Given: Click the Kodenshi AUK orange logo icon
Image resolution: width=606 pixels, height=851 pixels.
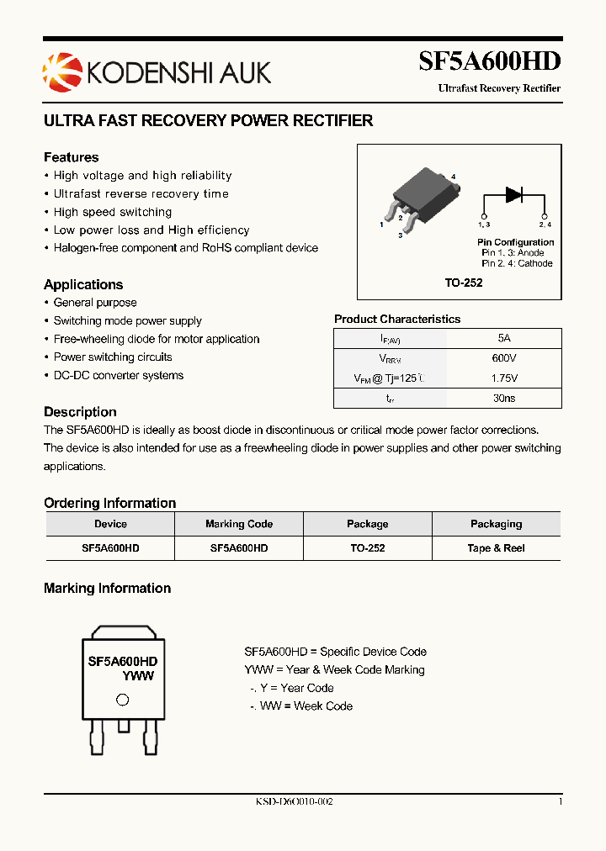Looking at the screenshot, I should (59, 71).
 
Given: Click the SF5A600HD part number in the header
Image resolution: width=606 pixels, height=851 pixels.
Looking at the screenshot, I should (489, 61).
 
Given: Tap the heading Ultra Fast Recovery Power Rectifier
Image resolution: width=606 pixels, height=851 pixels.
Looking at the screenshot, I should (208, 120).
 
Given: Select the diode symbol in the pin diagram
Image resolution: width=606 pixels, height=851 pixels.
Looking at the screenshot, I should (514, 193).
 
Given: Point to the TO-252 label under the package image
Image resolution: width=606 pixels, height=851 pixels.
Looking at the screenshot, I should (464, 283).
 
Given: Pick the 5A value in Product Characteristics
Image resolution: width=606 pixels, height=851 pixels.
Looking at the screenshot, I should (504, 338).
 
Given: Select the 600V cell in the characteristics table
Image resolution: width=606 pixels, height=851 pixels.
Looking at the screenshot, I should (504, 358).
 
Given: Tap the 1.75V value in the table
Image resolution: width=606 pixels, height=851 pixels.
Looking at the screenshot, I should (504, 378).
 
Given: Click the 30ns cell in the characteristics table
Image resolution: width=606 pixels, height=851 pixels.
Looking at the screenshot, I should (504, 399).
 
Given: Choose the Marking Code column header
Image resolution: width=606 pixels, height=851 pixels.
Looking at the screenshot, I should (239, 524).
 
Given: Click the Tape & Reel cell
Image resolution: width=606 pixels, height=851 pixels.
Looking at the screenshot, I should (496, 547).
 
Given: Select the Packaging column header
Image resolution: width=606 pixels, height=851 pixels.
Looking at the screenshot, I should (496, 524).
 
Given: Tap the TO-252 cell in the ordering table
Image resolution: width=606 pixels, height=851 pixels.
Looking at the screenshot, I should (367, 547).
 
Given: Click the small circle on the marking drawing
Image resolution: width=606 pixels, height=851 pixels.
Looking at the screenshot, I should (122, 700).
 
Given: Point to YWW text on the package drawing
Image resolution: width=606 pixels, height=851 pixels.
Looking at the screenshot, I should (138, 675).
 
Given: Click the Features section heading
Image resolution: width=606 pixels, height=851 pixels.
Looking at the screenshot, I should (71, 157).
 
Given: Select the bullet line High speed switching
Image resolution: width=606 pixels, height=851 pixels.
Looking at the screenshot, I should (112, 212).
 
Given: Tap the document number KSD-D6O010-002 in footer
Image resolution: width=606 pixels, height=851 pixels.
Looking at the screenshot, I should (295, 802).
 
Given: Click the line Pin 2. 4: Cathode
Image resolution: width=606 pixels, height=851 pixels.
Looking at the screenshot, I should (517, 263).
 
